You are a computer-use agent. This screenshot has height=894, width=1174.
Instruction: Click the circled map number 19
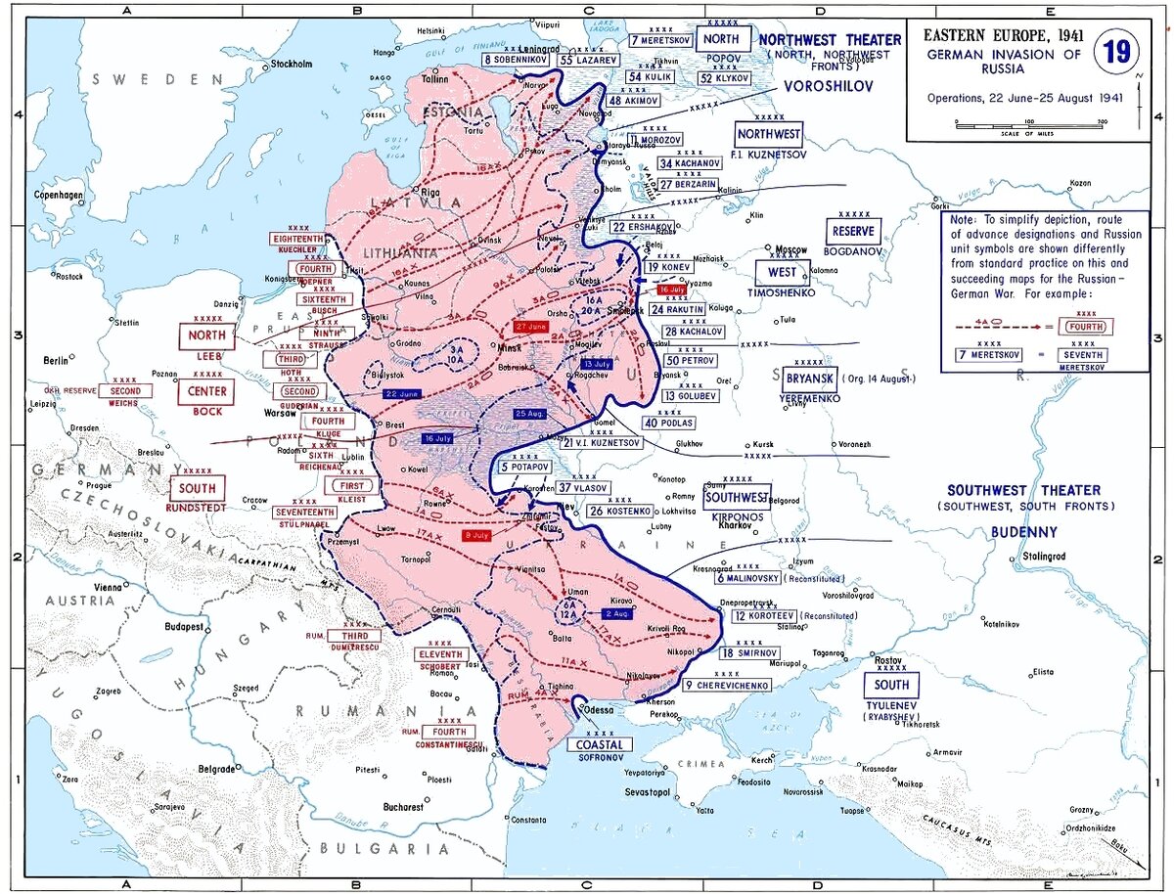tap(1115, 52)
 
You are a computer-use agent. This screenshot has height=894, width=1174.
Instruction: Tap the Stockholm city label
tap(291, 65)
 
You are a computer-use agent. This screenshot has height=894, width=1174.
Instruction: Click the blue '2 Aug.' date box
tap(616, 613)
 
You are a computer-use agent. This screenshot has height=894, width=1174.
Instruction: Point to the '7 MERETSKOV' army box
tap(661, 41)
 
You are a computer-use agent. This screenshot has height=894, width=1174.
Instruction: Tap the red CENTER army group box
tap(207, 391)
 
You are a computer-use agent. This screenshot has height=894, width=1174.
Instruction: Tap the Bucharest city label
tap(403, 807)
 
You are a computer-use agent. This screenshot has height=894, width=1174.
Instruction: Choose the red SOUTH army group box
tap(199, 488)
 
